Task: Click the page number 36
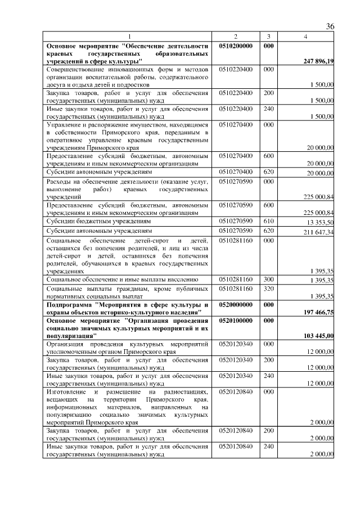330,26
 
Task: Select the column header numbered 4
305,37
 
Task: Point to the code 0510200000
236,45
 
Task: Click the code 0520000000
236,304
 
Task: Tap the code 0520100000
236,319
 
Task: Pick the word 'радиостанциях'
186,391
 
